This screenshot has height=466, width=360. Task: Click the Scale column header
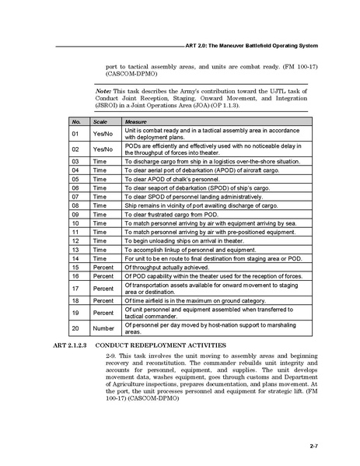pyautogui.click(x=100, y=122)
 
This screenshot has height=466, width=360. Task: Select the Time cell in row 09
pyautogui.click(x=100, y=213)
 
